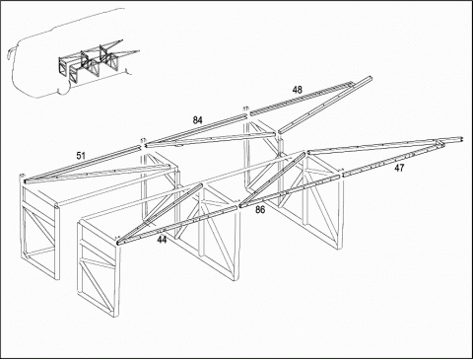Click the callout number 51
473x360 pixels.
pos(81,156)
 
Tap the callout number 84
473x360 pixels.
pos(197,120)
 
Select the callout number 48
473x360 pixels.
pos(298,90)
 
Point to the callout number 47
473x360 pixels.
pos(399,169)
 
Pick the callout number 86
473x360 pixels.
pos(260,210)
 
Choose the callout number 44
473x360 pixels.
pos(162,240)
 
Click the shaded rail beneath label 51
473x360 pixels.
pos(82,164)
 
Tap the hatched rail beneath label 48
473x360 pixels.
pos(302,99)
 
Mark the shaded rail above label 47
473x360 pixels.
pos(392,159)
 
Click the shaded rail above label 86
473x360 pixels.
pos(289,191)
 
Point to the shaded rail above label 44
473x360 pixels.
pos(177,225)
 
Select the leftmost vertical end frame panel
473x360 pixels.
pos(39,227)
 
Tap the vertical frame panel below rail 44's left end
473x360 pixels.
pos(98,268)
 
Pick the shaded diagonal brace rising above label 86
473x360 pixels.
pos(273,179)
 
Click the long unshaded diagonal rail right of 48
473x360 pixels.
pos(325,105)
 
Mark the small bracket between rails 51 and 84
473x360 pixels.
pos(143,141)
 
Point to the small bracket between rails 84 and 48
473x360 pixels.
pos(245,108)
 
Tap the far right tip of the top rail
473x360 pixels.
pos(462,139)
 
